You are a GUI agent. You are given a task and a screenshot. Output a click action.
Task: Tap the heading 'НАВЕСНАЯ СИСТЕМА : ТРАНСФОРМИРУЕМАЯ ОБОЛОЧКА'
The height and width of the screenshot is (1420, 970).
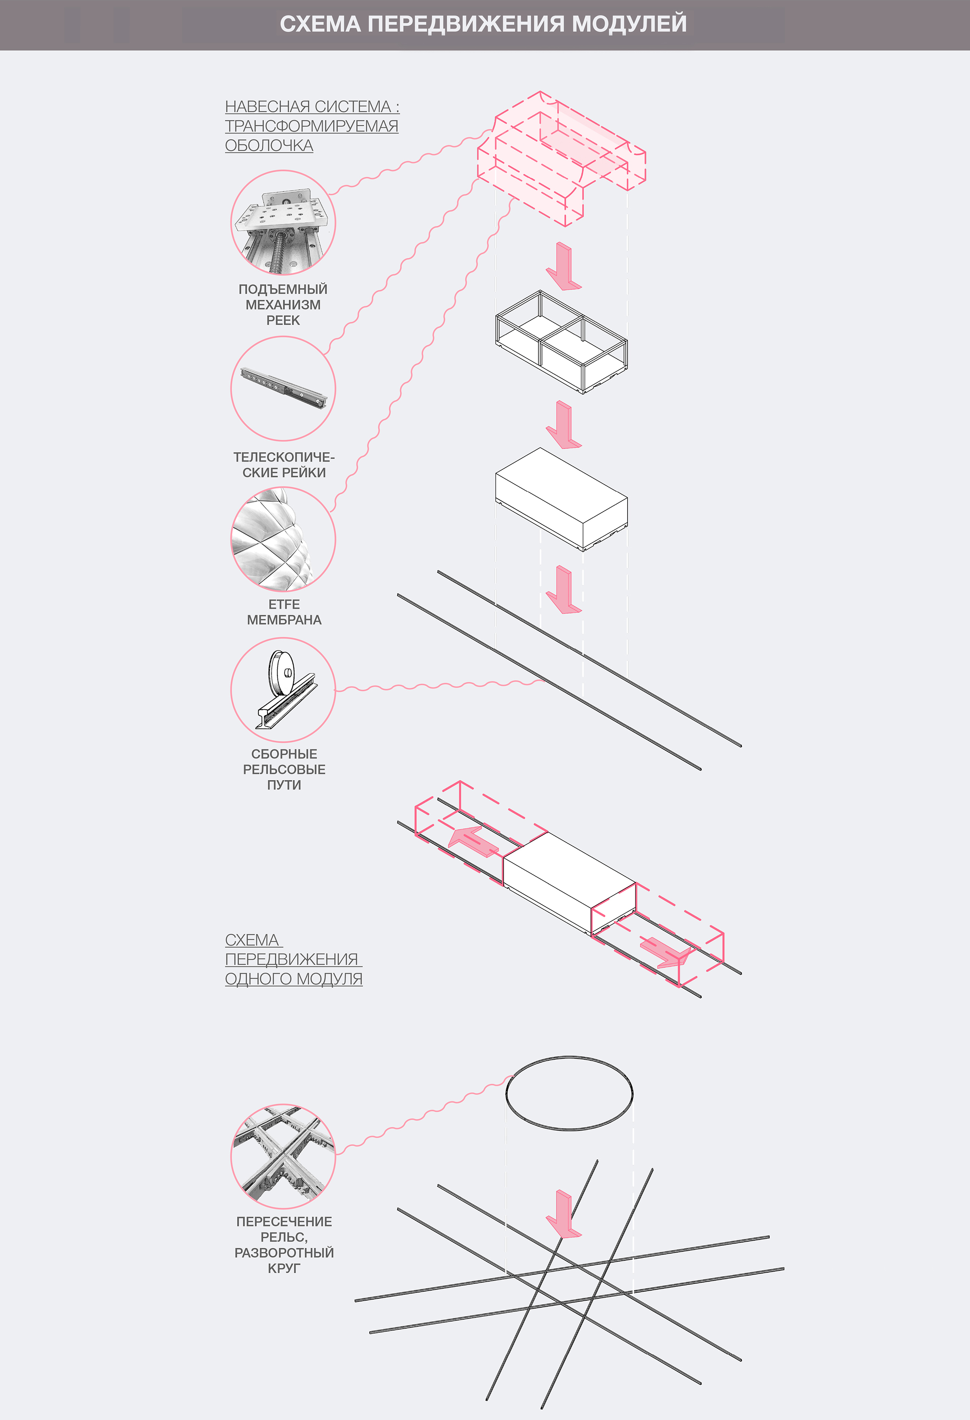[x=312, y=126]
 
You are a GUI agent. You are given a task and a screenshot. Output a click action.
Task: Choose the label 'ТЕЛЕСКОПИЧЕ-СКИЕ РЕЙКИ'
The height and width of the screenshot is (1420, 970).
[x=284, y=465]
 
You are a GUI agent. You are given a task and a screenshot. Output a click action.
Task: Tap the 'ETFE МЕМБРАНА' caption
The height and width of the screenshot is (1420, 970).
[x=284, y=612]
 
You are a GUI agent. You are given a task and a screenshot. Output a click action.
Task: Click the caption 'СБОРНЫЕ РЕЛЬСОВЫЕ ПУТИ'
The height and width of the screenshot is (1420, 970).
[x=284, y=769]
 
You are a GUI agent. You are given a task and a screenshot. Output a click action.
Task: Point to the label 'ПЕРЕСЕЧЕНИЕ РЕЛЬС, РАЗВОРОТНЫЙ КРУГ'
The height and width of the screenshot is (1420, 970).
[x=284, y=1245]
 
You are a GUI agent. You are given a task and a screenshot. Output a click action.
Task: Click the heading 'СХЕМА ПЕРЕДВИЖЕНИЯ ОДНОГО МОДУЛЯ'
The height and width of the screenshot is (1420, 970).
[x=293, y=959]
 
